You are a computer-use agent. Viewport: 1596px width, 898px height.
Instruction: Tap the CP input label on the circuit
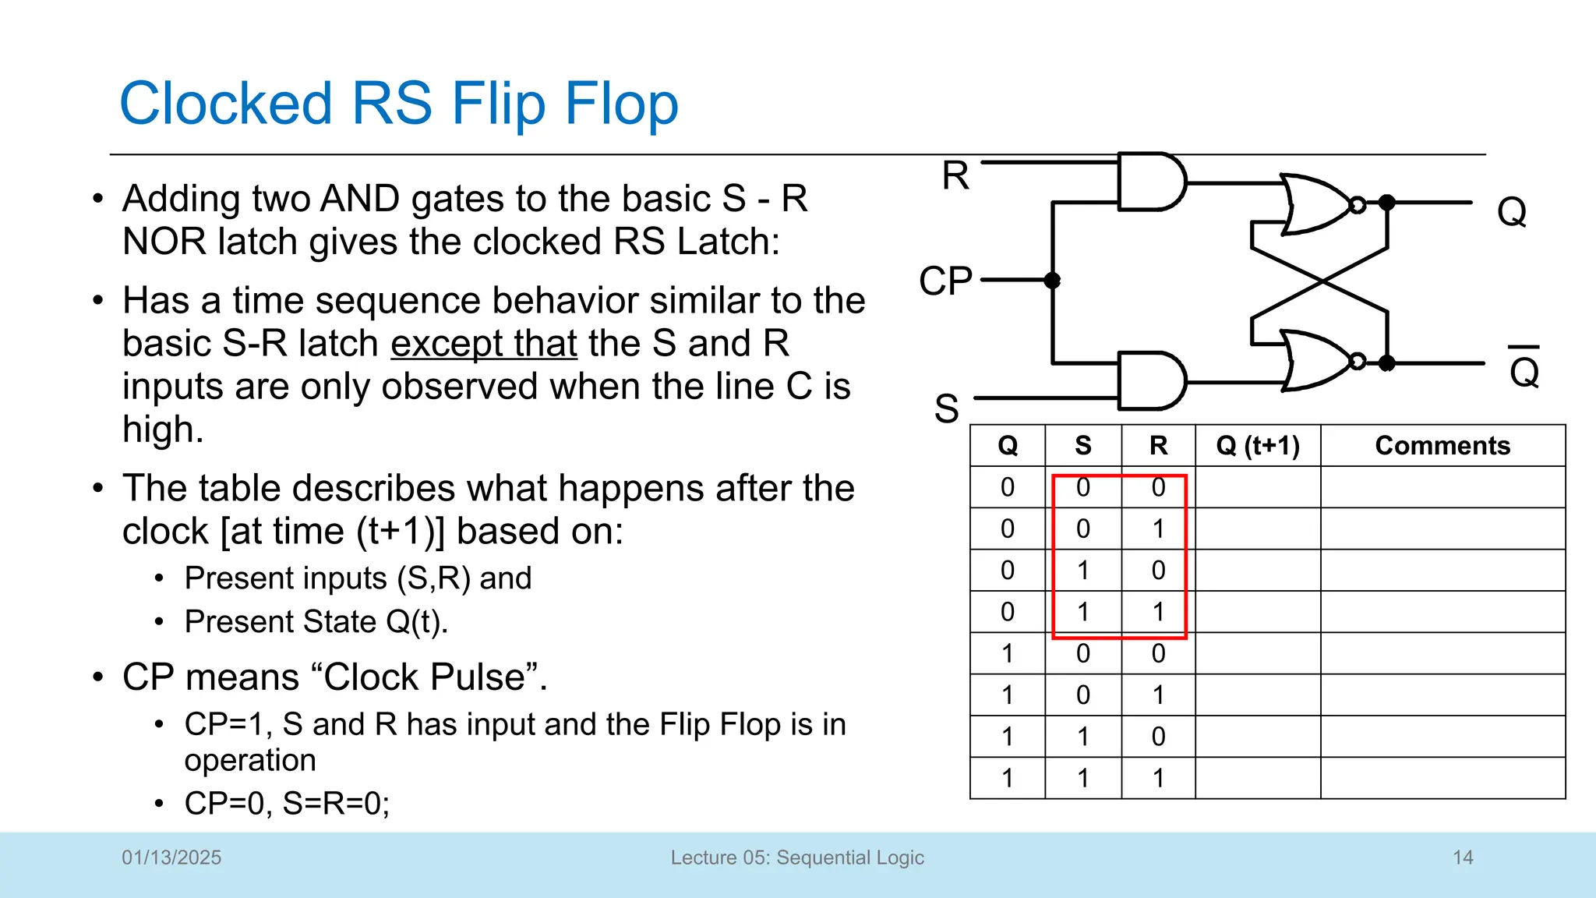point(945,281)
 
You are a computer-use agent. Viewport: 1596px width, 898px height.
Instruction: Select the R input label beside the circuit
point(955,175)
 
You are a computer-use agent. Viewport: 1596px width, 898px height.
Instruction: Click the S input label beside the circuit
point(946,408)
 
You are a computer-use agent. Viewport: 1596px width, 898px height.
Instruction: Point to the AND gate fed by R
point(1150,182)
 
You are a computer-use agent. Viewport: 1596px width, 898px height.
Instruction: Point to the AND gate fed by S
point(1150,380)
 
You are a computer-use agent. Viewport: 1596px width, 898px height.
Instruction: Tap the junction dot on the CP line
point(1052,281)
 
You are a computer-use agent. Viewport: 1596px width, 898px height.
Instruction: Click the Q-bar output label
point(1524,369)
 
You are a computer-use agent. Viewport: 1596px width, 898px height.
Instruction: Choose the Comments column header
point(1442,446)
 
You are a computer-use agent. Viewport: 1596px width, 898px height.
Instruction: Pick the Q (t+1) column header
point(1258,446)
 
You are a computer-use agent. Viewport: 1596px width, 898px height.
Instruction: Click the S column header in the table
point(1082,446)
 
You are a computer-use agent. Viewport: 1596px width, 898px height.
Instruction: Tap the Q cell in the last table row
point(1007,778)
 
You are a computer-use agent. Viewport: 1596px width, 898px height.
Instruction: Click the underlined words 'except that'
point(484,344)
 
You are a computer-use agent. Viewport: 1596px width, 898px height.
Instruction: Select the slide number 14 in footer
point(1463,857)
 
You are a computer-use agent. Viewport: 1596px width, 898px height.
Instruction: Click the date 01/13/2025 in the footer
point(171,857)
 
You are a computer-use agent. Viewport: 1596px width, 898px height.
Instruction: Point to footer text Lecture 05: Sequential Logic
point(797,857)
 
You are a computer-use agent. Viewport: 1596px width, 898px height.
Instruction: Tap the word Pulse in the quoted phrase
point(478,677)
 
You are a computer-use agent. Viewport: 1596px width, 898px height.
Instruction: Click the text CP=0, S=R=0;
point(287,803)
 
